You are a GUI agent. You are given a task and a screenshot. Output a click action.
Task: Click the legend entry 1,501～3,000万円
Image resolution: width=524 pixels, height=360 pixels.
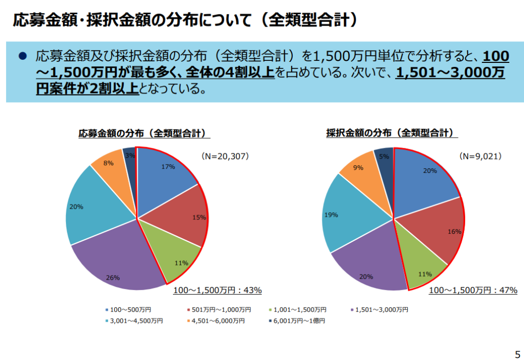click(x=379, y=309)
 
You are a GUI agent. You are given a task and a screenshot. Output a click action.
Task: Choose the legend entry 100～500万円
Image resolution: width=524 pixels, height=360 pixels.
click(x=127, y=309)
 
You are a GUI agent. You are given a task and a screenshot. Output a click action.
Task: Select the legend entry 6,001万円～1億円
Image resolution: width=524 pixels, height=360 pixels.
click(x=296, y=321)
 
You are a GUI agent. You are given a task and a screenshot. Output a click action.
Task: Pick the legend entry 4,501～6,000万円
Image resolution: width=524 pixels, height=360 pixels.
click(x=214, y=321)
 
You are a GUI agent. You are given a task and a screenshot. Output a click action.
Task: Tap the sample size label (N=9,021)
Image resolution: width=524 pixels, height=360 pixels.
click(x=479, y=156)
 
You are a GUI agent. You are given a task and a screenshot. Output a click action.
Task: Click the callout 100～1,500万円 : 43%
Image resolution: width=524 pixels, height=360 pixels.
click(x=217, y=290)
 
